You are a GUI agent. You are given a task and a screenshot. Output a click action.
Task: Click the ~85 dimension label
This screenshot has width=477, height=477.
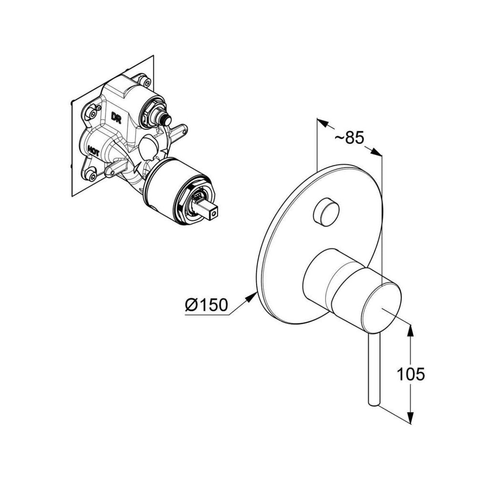(349, 138)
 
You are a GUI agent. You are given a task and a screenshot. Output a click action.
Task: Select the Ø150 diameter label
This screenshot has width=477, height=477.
(207, 304)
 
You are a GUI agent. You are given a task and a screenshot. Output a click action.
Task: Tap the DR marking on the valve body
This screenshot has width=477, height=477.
(116, 118)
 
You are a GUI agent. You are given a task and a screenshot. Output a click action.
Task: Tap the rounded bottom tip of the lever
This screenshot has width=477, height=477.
(373, 403)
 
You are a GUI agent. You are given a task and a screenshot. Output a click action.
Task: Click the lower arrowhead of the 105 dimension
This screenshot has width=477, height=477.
(410, 417)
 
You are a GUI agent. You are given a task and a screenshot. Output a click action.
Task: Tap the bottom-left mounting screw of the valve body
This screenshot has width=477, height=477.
(91, 175)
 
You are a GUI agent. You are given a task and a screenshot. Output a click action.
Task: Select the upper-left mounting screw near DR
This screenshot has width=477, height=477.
(91, 113)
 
